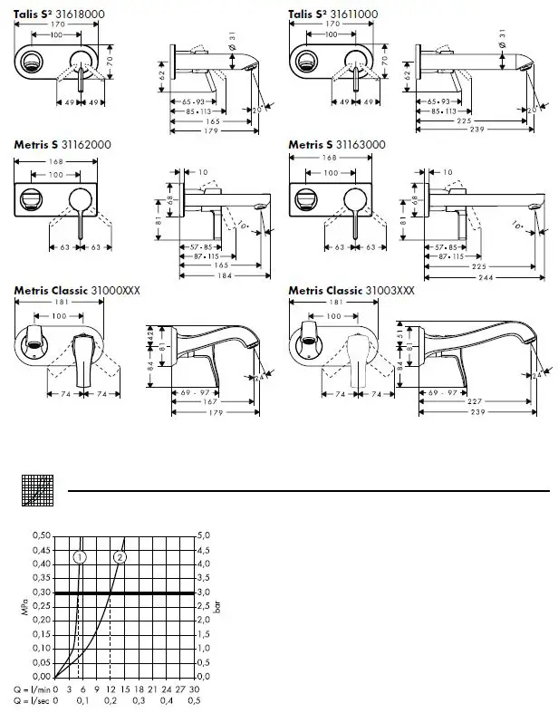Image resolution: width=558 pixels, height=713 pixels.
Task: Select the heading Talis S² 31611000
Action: point(333,14)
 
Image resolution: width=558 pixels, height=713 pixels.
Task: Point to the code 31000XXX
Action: point(115,290)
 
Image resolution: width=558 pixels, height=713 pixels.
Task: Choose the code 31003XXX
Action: point(390,290)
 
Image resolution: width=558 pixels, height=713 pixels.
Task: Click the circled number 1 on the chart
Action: point(81,556)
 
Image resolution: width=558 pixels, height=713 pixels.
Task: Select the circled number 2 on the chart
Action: point(120,556)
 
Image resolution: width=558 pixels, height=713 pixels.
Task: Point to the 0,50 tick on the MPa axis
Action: point(42,535)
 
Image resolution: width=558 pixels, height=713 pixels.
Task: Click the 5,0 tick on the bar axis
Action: point(205,535)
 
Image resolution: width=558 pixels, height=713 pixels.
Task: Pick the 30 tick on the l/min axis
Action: point(195,689)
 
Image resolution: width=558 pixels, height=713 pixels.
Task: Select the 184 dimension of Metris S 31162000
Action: point(211,277)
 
